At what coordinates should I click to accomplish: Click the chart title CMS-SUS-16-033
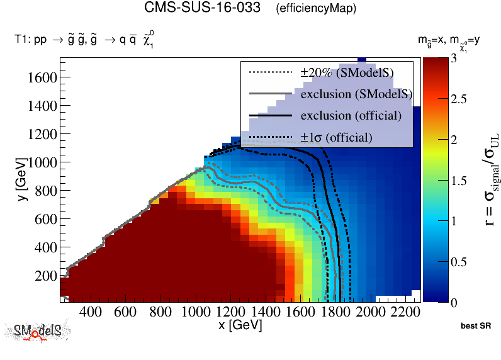tap(202, 8)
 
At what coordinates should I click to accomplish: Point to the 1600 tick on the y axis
tap(43, 77)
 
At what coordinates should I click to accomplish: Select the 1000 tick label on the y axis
tap(43, 162)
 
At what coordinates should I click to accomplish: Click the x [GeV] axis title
tap(240, 325)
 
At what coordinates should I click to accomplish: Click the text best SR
tap(475, 327)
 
